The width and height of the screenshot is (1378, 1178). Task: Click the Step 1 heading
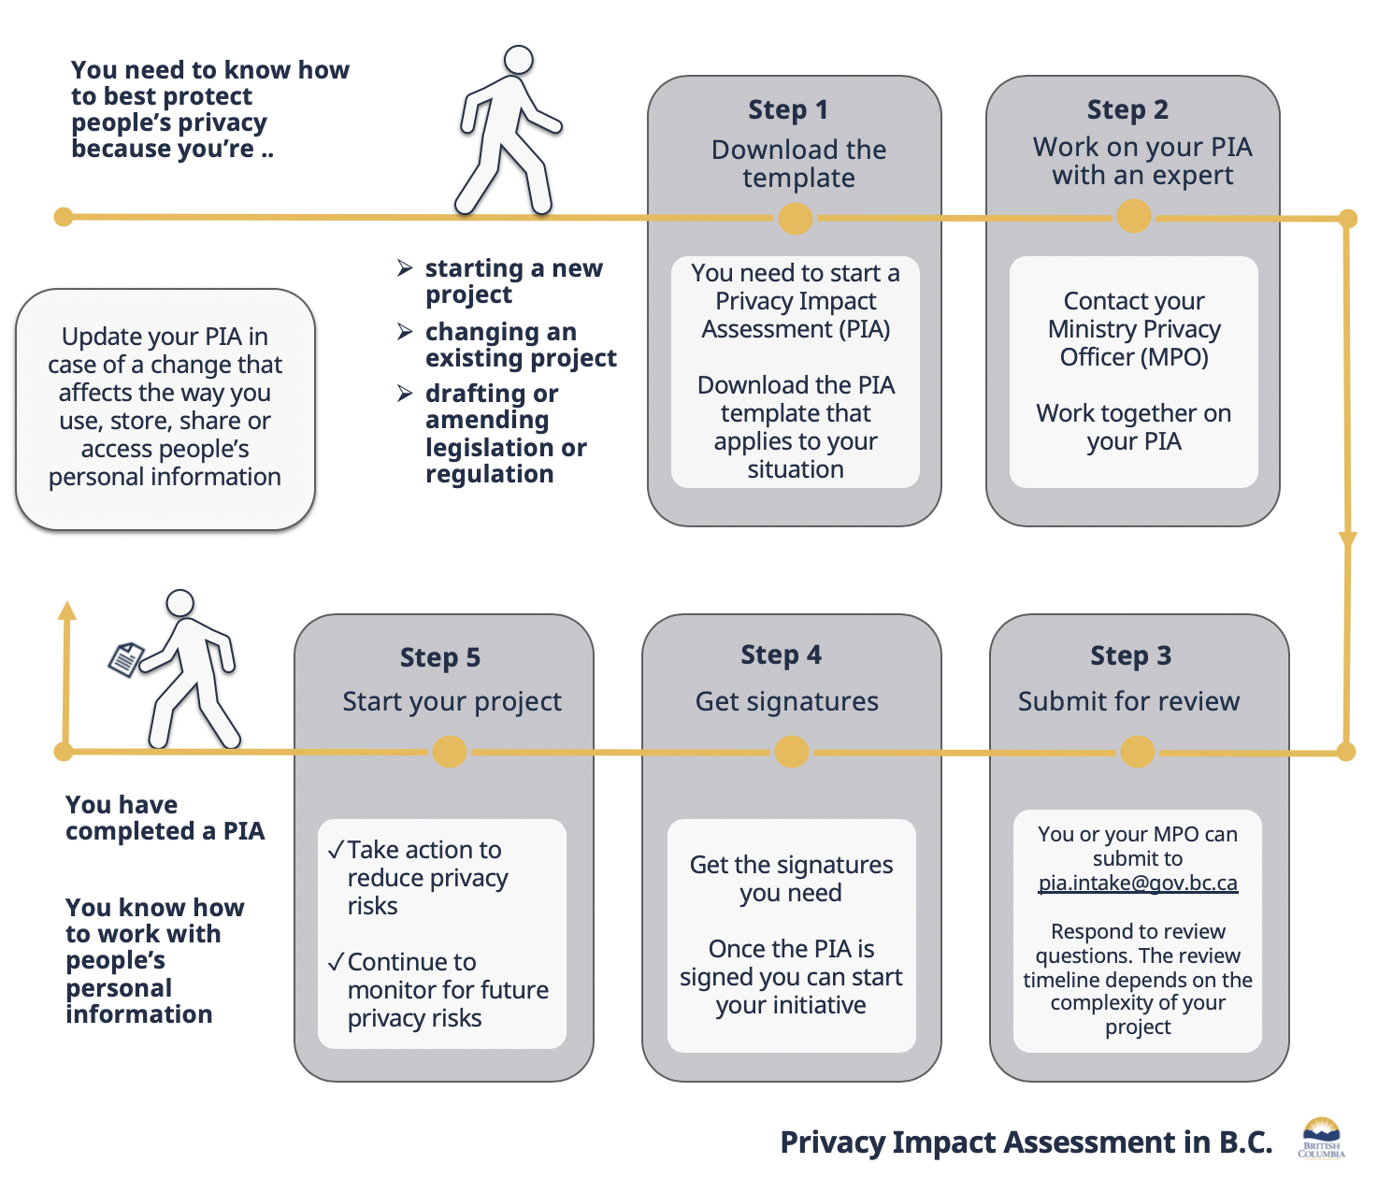[788, 109]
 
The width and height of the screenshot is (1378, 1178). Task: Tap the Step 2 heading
[1127, 109]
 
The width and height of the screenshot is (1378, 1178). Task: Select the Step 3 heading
[1130, 655]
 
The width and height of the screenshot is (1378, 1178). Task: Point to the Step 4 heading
[781, 654]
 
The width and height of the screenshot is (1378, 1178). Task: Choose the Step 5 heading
[439, 657]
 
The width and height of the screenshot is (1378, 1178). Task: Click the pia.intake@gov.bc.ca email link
[1138, 883]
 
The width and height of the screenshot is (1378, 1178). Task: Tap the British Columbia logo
[1321, 1137]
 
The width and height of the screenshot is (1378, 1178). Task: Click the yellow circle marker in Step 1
[795, 219]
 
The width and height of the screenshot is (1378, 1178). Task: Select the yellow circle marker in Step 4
[791, 752]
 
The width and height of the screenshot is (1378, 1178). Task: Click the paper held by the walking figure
[125, 659]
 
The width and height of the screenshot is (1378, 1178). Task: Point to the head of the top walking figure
[518, 60]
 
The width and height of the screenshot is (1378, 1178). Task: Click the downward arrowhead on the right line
[1347, 540]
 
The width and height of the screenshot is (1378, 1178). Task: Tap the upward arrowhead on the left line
[66, 611]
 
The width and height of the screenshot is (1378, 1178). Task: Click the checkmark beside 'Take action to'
[336, 850]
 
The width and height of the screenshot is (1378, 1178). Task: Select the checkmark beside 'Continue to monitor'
[336, 962]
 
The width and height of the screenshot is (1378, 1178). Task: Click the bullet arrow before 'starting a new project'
[405, 268]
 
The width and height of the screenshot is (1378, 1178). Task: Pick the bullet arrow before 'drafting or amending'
[405, 394]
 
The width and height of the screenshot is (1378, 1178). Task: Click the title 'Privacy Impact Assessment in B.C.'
[1026, 1142]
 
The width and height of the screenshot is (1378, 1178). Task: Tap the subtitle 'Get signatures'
[786, 701]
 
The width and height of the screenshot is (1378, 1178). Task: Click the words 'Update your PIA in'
[165, 337]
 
